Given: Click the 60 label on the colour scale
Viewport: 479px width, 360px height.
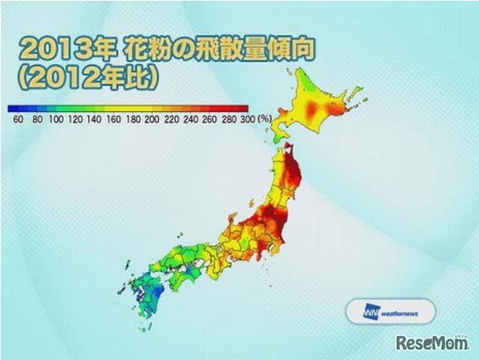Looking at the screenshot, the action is (17, 118).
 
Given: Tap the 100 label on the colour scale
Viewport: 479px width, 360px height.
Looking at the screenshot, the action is (57, 118).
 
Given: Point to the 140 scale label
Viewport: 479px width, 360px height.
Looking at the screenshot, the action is (96, 118).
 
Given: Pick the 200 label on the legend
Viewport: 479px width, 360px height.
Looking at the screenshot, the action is (153, 118).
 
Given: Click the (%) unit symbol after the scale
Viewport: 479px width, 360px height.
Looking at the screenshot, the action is (263, 118).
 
